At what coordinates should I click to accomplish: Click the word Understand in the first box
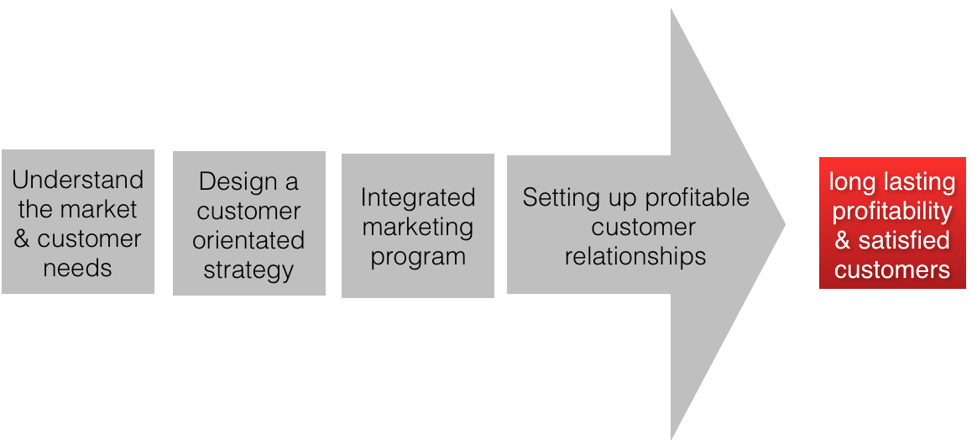(x=78, y=180)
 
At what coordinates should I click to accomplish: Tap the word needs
(x=78, y=268)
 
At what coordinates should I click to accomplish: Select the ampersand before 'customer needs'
(x=22, y=238)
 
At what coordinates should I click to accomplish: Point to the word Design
(x=238, y=182)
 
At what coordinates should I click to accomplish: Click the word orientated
(x=248, y=241)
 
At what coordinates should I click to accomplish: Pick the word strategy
(x=248, y=270)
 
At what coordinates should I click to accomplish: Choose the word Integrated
(x=418, y=197)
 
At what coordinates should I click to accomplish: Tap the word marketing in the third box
(x=418, y=227)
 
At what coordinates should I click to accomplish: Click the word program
(x=418, y=256)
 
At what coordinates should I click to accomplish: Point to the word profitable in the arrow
(x=700, y=198)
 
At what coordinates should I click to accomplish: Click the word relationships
(x=635, y=256)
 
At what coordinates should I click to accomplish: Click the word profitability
(x=892, y=212)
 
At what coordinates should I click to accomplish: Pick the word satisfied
(x=904, y=241)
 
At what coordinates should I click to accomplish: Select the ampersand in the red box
(x=843, y=241)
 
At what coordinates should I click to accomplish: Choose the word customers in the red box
(x=892, y=270)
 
